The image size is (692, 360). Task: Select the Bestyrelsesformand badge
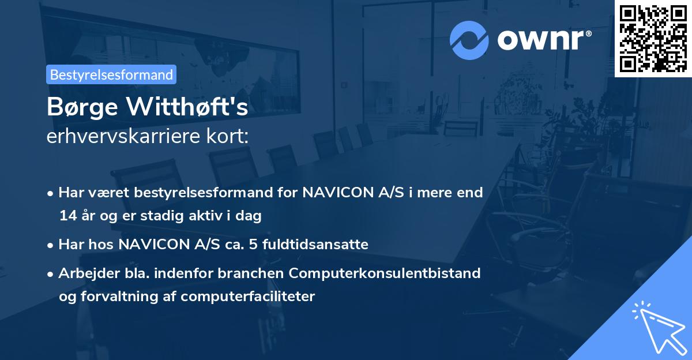111,74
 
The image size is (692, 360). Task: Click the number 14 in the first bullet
67,216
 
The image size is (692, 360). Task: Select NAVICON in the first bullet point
333,192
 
